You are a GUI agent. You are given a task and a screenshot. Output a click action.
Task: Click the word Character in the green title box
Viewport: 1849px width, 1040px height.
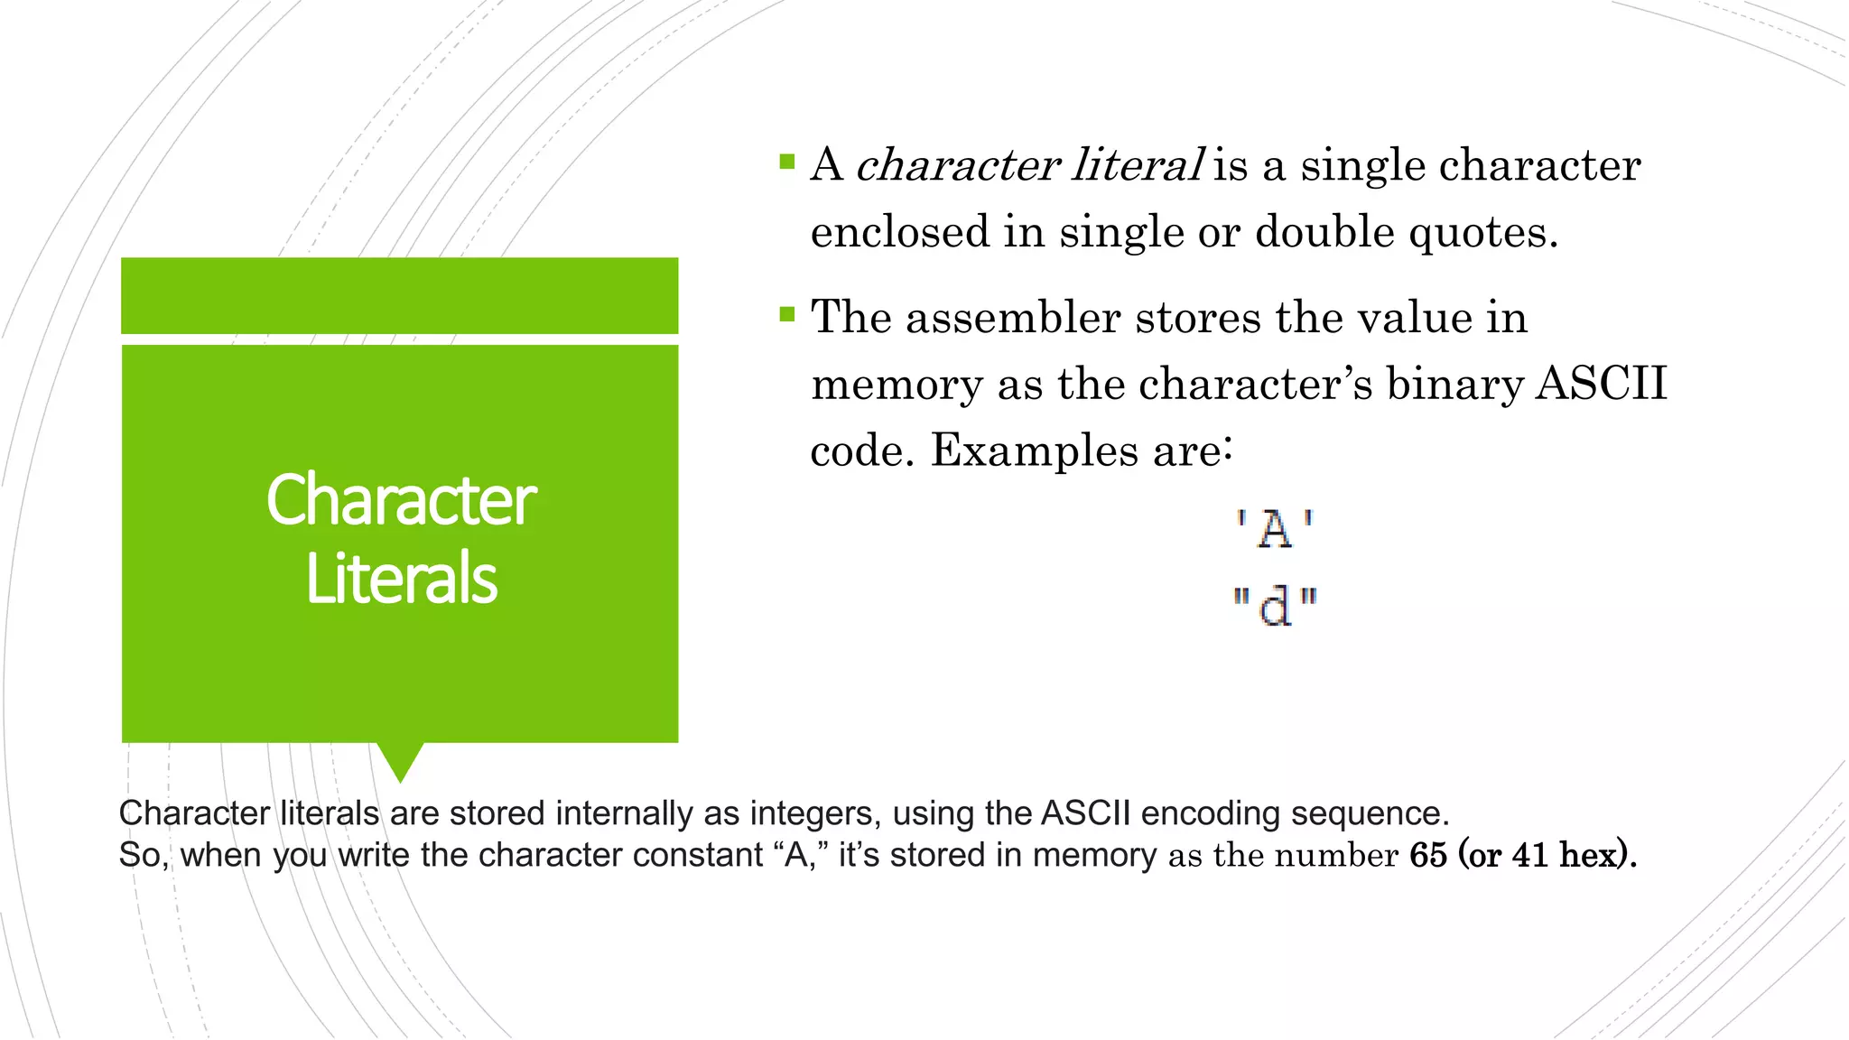point(401,500)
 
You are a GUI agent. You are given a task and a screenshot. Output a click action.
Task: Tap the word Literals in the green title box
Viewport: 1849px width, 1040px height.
point(401,579)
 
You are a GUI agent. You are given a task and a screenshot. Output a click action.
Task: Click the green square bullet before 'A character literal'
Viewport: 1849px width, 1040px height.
point(787,162)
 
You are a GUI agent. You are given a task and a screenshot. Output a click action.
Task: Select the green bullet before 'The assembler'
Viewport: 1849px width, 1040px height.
point(787,314)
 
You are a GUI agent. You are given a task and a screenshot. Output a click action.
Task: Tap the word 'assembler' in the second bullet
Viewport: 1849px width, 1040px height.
point(1013,318)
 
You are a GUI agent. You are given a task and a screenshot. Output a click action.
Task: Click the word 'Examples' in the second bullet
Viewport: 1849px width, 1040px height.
point(1035,450)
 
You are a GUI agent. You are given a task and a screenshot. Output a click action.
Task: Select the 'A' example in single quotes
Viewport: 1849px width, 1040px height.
point(1275,529)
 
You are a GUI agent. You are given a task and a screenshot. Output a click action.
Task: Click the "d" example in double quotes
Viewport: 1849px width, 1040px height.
point(1275,606)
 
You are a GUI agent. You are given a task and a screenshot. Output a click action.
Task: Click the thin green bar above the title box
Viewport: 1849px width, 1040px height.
point(400,295)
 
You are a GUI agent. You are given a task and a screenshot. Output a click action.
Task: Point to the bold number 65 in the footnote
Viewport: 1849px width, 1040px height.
point(1428,855)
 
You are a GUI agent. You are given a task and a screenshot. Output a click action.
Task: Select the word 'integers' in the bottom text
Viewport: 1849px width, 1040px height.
point(815,813)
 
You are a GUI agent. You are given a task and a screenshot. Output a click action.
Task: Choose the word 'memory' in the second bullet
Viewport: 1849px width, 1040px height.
point(897,385)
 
